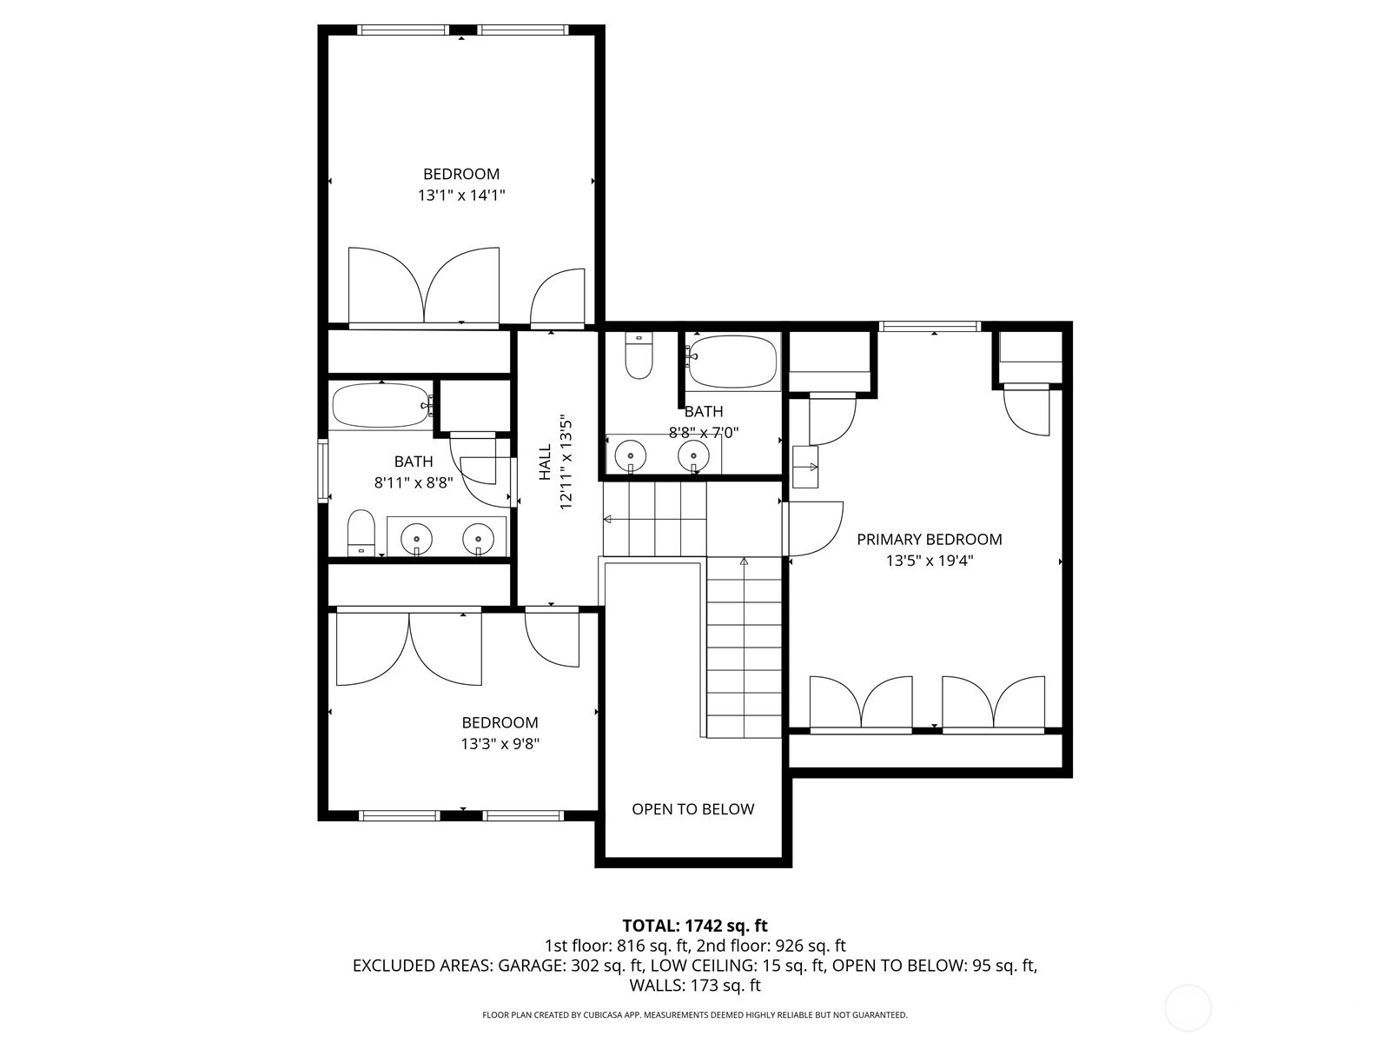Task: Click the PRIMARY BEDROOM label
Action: (x=929, y=540)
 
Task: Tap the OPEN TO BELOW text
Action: (x=692, y=809)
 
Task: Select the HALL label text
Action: (x=545, y=462)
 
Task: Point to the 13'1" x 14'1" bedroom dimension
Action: (x=461, y=195)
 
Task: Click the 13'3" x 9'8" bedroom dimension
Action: (x=500, y=743)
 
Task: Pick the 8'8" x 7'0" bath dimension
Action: (x=704, y=433)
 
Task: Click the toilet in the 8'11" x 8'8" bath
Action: (x=361, y=533)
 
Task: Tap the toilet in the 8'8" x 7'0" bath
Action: (x=639, y=355)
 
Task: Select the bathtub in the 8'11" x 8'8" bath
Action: (x=381, y=405)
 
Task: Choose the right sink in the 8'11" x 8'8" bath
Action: (x=478, y=540)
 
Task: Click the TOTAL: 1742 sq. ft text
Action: (x=695, y=926)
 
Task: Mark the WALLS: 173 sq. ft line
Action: (x=695, y=986)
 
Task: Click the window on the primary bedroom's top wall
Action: (x=930, y=326)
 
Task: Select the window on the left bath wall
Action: (x=323, y=470)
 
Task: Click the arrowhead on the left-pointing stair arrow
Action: (x=606, y=519)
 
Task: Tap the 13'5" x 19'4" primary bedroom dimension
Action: (x=929, y=561)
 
